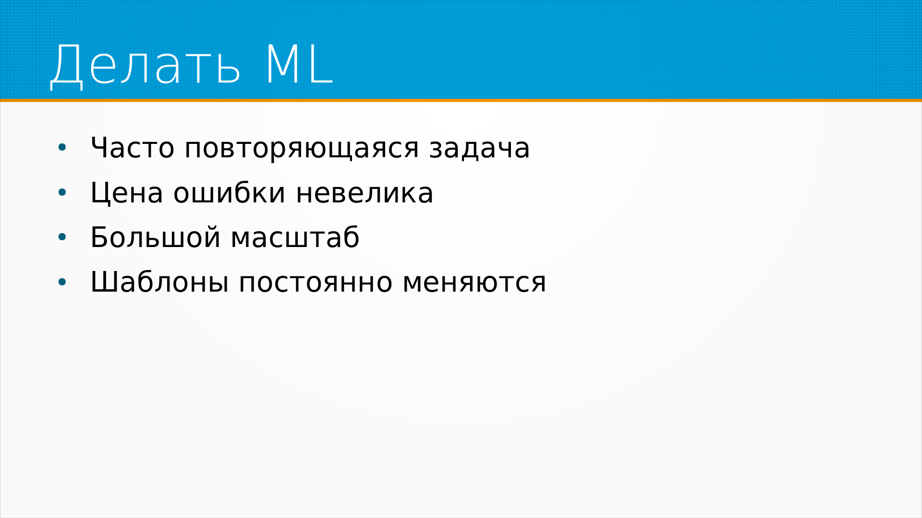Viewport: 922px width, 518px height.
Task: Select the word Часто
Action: [133, 148]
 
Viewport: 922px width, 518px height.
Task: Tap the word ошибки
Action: [230, 192]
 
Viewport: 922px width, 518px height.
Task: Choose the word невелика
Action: [364, 193]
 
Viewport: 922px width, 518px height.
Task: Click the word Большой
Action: [156, 237]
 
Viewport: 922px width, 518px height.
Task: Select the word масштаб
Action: [295, 237]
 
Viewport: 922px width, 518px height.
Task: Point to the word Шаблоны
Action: [159, 282]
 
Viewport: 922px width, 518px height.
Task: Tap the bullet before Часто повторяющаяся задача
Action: [62, 148]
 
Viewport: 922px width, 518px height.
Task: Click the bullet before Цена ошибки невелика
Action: [62, 193]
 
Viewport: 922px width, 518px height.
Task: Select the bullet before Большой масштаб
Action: [62, 237]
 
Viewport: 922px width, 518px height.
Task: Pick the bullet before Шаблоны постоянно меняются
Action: [62, 282]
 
